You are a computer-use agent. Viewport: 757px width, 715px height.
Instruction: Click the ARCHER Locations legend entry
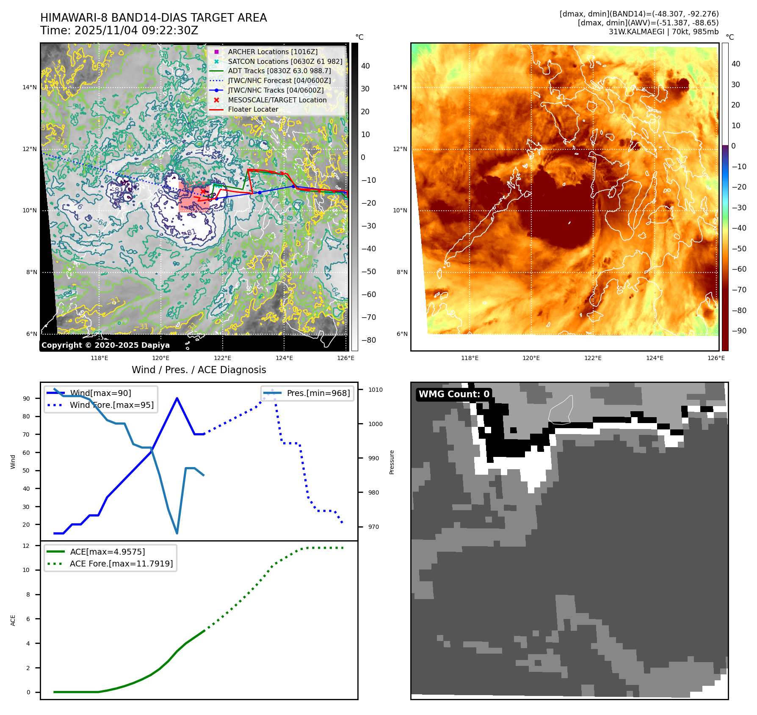(272, 52)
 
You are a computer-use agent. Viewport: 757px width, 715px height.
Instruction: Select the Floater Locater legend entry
(253, 109)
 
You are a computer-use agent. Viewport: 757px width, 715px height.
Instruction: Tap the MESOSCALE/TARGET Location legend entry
(277, 100)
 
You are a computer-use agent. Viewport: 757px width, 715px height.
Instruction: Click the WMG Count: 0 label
(454, 394)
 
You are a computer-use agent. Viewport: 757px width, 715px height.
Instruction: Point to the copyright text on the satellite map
(105, 345)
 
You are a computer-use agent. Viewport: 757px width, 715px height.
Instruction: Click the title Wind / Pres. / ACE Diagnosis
(199, 370)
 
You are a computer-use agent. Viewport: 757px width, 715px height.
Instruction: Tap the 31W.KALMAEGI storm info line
(663, 32)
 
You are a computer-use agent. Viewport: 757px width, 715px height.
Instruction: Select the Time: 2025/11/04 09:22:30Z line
(119, 30)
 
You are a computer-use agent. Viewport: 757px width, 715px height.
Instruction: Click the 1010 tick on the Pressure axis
(375, 390)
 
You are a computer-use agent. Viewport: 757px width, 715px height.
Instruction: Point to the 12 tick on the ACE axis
(26, 546)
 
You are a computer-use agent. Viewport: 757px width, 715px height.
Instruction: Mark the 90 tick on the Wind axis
(26, 399)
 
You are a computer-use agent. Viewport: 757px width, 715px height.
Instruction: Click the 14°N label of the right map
(400, 88)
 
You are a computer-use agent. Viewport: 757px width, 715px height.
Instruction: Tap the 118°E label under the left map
(99, 358)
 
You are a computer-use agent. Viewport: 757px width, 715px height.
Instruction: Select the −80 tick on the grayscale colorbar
(368, 340)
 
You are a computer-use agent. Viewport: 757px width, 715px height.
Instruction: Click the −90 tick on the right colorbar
(739, 331)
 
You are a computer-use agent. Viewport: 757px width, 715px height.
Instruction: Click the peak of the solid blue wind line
(177, 398)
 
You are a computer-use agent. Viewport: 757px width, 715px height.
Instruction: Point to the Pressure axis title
(392, 462)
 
